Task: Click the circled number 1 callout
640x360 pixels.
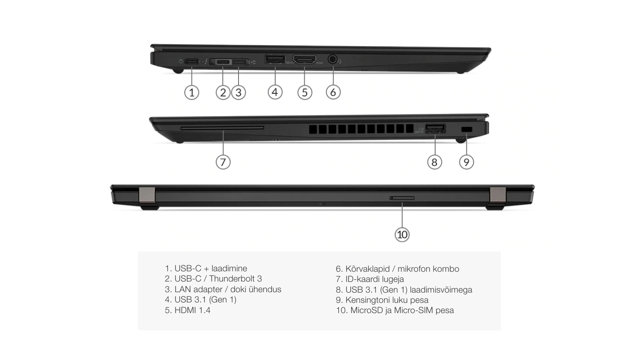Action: pyautogui.click(x=192, y=92)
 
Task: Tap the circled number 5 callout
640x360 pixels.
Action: pyautogui.click(x=305, y=92)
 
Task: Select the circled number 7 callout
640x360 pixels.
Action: pyautogui.click(x=223, y=162)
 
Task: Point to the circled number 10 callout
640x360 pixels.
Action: pyautogui.click(x=402, y=235)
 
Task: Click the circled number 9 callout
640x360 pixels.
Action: pyautogui.click(x=466, y=162)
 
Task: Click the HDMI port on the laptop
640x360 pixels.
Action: pyautogui.click(x=305, y=59)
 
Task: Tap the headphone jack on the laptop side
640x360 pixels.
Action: pyautogui.click(x=332, y=59)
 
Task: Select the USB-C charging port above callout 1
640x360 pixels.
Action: pyautogui.click(x=192, y=61)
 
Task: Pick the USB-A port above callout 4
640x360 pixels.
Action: pyautogui.click(x=275, y=59)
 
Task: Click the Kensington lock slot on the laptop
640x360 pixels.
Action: pyautogui.click(x=467, y=129)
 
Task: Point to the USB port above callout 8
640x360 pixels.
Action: pyautogui.click(x=435, y=128)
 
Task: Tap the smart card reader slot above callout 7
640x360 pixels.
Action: pyautogui.click(x=222, y=128)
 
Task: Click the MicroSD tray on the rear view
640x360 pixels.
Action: pyautogui.click(x=402, y=198)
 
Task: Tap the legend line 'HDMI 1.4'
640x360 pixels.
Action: pyautogui.click(x=187, y=310)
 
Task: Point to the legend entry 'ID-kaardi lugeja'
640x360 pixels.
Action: pyautogui.click(x=370, y=279)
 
